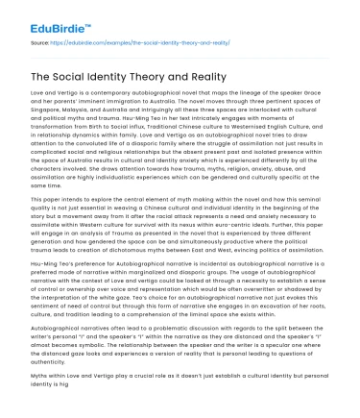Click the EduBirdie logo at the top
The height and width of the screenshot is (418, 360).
click(45, 15)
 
